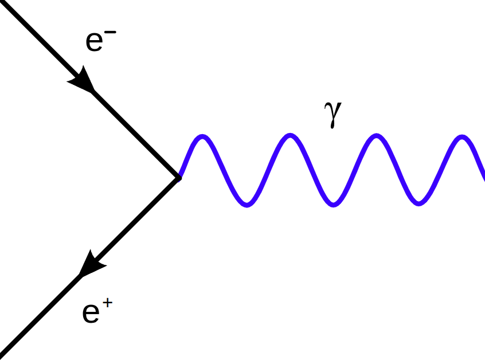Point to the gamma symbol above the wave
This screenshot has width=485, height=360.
(333, 114)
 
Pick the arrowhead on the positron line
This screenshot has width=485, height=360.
(91, 265)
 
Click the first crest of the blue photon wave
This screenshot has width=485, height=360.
(202, 136)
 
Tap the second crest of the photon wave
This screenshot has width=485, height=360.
(291, 136)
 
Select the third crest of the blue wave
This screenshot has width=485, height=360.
(376, 136)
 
